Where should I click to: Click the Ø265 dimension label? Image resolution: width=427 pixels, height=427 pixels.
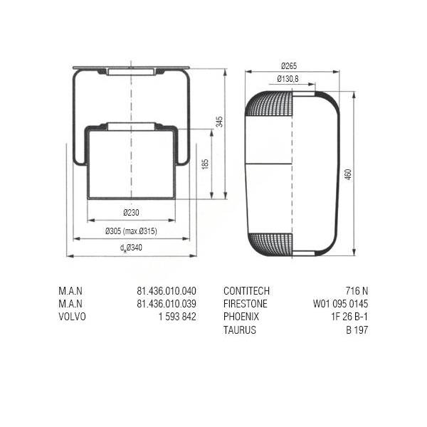pos(289,66)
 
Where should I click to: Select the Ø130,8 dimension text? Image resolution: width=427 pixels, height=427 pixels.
pos(288,79)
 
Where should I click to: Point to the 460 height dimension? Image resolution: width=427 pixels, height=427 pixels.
pos(348,174)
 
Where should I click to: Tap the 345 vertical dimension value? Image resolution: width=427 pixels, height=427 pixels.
pos(219,122)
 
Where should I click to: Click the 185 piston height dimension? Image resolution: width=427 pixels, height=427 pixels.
pos(205,164)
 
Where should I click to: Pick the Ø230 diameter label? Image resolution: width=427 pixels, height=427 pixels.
pos(131,212)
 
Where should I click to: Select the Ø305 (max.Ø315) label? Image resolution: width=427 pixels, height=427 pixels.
pos(131,231)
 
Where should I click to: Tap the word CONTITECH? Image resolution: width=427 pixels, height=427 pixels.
pos(246,291)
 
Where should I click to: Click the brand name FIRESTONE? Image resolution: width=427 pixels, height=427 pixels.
pos(246,304)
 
